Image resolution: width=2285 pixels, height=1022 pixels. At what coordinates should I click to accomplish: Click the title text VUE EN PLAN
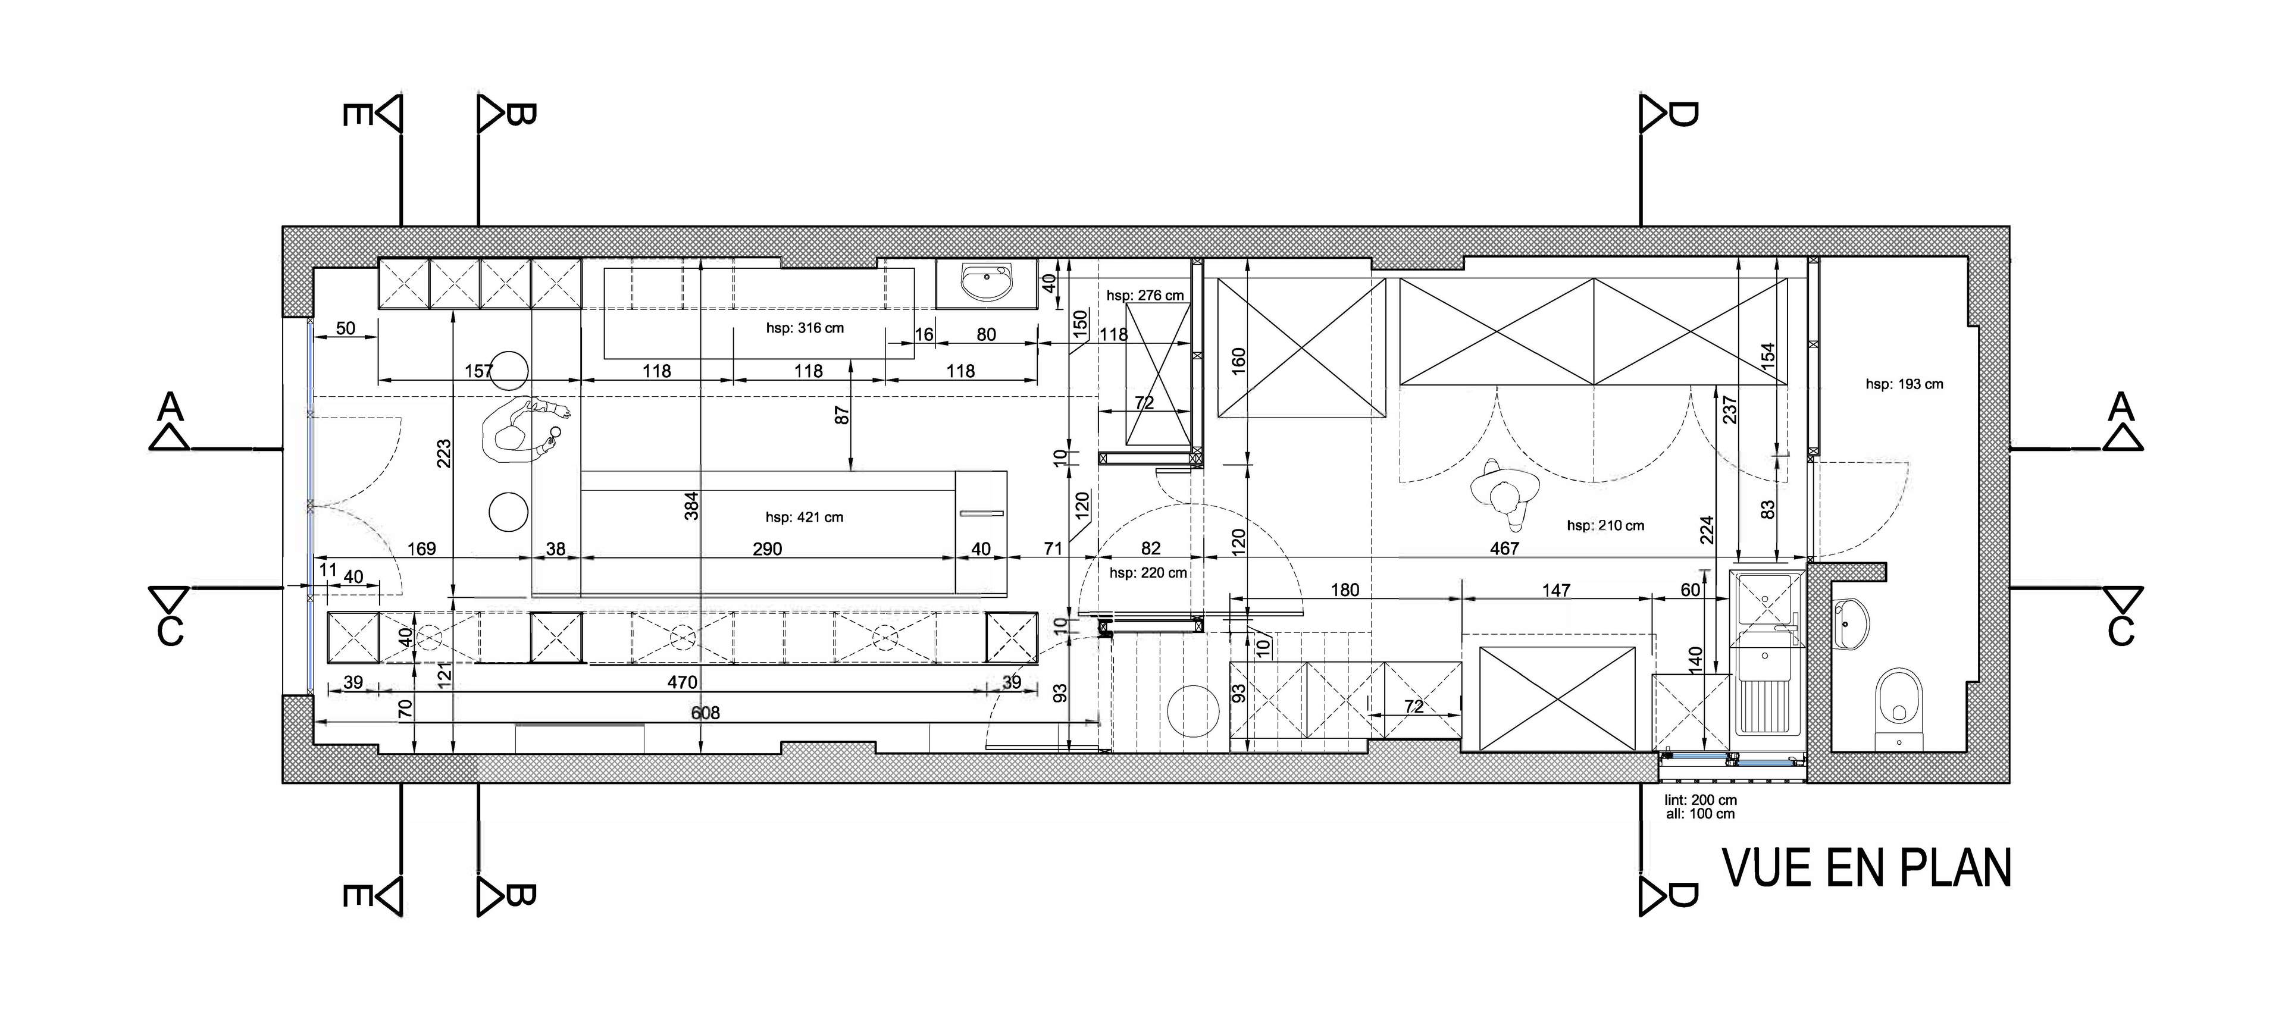[x=1866, y=868]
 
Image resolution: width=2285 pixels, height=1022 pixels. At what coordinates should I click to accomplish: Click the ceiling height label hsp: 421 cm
[x=804, y=517]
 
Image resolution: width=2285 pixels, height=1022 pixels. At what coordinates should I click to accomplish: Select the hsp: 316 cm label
[x=805, y=328]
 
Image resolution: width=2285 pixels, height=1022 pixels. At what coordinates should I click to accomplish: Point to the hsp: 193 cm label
[x=1904, y=384]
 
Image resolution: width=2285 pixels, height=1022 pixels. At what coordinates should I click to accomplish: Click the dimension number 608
[x=705, y=713]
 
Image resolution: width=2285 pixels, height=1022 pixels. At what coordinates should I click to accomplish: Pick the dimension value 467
[x=1504, y=548]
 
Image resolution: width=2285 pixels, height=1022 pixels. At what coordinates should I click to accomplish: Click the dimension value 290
[x=767, y=548]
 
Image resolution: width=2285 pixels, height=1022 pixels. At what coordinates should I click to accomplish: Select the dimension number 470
[x=682, y=682]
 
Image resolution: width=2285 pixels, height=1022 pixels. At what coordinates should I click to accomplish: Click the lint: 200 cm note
[x=1701, y=800]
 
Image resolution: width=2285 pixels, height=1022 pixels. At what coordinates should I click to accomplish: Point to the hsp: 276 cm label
[x=1145, y=296]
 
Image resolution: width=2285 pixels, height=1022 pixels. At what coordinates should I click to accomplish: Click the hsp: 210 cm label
[x=1605, y=525]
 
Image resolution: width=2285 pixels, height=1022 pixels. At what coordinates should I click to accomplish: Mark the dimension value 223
[x=443, y=453]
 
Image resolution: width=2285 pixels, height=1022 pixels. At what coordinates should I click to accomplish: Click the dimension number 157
[x=479, y=371]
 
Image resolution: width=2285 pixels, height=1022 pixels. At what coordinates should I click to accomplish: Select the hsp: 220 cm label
[x=1148, y=573]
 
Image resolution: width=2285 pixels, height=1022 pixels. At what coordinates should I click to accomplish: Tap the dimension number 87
[x=843, y=414]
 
